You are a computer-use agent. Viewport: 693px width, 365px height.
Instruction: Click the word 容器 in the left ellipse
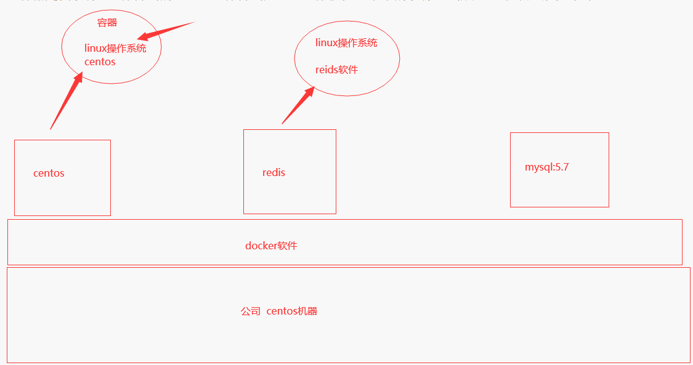pyautogui.click(x=107, y=23)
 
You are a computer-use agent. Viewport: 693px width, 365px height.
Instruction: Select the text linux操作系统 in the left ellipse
pyautogui.click(x=115, y=48)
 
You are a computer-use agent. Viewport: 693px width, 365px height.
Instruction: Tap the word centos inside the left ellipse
pyautogui.click(x=100, y=62)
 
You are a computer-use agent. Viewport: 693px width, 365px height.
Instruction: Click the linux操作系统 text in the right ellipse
pyautogui.click(x=346, y=42)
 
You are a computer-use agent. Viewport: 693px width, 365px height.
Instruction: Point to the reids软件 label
pyautogui.click(x=336, y=70)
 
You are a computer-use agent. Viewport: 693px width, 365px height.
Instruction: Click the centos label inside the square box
pyautogui.click(x=49, y=173)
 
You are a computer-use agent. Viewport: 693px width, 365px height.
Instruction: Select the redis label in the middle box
pyautogui.click(x=274, y=172)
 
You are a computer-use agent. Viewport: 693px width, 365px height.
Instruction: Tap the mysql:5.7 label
pyautogui.click(x=546, y=167)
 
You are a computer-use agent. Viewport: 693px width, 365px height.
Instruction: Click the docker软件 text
pyautogui.click(x=271, y=246)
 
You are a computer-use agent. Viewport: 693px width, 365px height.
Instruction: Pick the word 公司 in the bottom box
pyautogui.click(x=251, y=311)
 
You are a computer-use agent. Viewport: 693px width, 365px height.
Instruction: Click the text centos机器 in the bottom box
pyautogui.click(x=292, y=311)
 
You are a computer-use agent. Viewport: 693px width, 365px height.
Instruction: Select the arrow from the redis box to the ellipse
pyautogui.click(x=297, y=106)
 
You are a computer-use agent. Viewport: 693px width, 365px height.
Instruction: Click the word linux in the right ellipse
pyautogui.click(x=326, y=42)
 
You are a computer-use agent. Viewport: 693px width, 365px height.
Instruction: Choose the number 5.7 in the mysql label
pyautogui.click(x=561, y=167)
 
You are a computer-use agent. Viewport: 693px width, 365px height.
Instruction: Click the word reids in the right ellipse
pyautogui.click(x=326, y=70)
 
